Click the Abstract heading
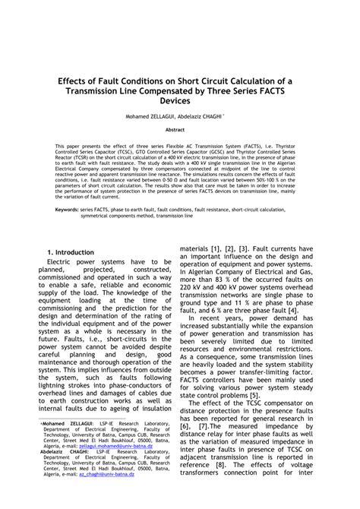(180, 130)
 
